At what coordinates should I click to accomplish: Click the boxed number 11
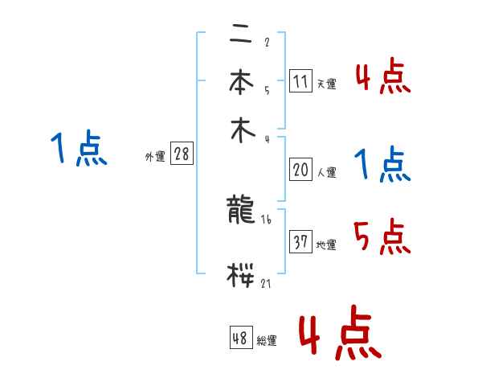(x=300, y=81)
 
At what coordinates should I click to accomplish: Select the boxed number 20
(x=300, y=169)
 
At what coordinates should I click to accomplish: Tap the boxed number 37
(x=300, y=242)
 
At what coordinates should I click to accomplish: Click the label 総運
(x=266, y=341)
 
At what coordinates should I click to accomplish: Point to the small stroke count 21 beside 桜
(x=266, y=284)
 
